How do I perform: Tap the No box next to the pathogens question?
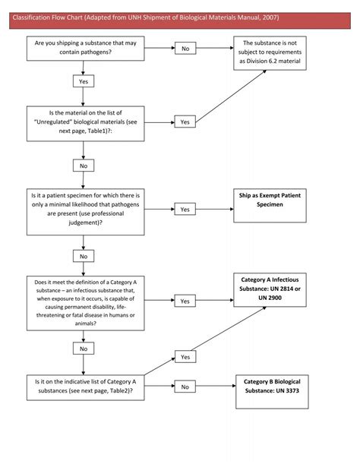click(x=185, y=49)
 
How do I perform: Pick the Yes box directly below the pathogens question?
click(x=84, y=80)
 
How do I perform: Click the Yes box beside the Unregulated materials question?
click(x=185, y=122)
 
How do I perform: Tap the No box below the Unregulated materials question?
click(x=84, y=165)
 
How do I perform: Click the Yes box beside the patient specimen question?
click(x=185, y=209)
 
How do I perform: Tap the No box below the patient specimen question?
click(x=84, y=257)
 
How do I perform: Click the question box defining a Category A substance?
click(x=84, y=301)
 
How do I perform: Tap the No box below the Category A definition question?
click(x=84, y=348)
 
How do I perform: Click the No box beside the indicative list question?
click(x=185, y=387)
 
